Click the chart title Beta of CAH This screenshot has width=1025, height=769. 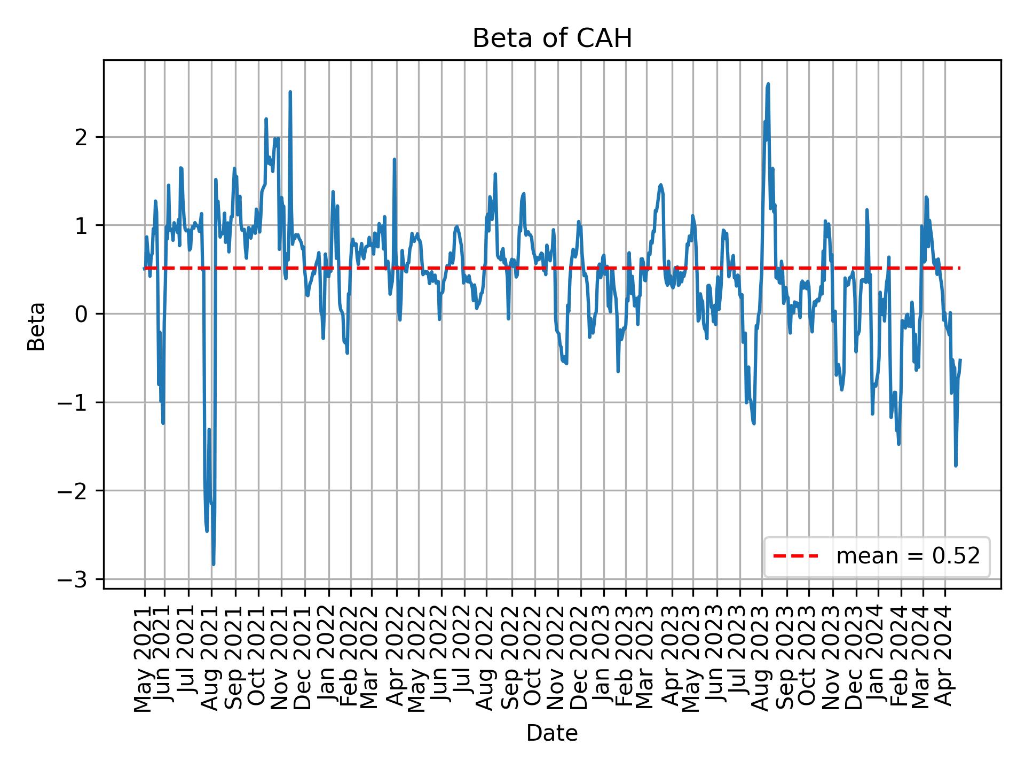point(552,38)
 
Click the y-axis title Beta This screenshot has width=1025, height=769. point(36,326)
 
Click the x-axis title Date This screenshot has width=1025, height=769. point(552,733)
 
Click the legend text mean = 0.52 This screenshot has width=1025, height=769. point(908,556)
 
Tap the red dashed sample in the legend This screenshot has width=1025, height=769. point(795,556)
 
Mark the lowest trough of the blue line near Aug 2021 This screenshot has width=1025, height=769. point(214,564)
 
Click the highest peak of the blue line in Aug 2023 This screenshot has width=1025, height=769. point(768,84)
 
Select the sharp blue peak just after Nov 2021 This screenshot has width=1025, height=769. point(290,92)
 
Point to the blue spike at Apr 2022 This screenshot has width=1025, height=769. point(394,159)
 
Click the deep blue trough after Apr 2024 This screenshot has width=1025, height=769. point(956,466)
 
